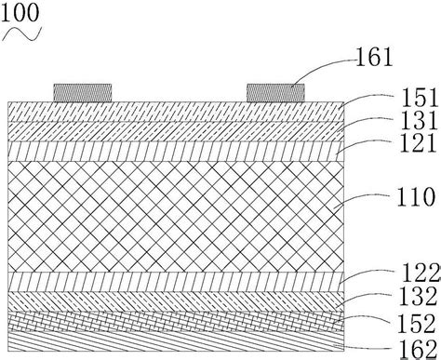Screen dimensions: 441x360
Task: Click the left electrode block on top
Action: tap(83, 92)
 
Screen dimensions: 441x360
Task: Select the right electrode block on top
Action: tap(275, 92)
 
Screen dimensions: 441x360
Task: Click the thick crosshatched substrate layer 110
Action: tap(177, 214)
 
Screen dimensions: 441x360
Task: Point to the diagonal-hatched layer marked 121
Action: tap(177, 149)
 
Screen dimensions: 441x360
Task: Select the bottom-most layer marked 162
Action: tap(177, 342)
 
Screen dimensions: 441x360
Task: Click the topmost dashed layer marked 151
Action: tap(177, 110)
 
